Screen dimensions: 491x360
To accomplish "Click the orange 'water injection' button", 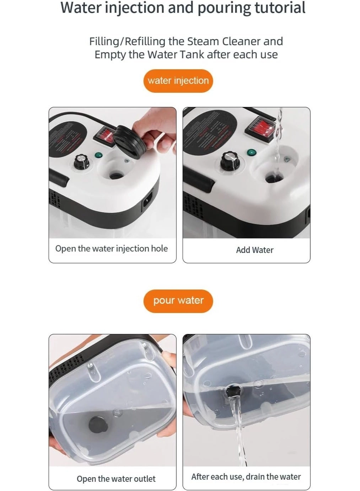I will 178,81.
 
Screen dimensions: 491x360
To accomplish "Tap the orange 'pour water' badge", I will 178,301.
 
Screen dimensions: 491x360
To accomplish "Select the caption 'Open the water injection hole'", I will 111,249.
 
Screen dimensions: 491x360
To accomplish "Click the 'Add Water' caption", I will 254,250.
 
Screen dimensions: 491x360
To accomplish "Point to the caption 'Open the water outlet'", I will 116,479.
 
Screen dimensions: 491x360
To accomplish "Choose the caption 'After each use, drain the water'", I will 246,477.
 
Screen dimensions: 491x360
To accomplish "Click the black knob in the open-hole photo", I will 81,162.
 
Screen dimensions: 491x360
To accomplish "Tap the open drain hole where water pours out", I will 233,391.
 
